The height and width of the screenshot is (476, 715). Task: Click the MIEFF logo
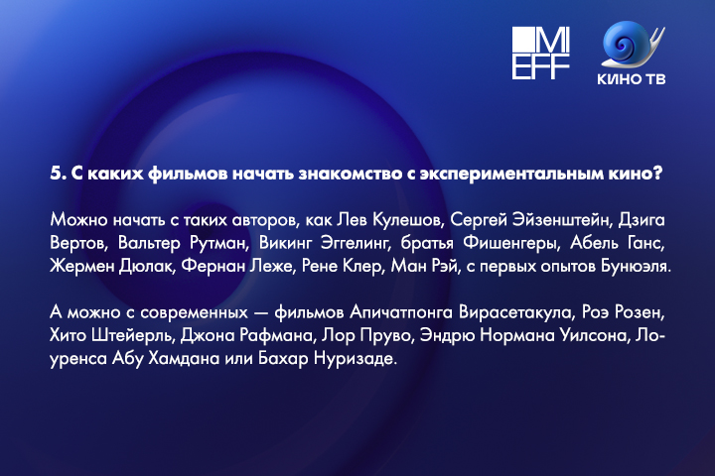(541, 53)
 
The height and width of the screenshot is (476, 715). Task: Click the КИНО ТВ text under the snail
(632, 79)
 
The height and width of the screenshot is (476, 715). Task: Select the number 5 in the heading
(56, 174)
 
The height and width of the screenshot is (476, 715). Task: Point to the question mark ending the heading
(657, 174)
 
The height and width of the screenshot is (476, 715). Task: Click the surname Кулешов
(406, 220)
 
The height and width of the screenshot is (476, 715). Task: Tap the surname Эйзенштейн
(561, 220)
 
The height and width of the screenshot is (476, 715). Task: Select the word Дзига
(642, 220)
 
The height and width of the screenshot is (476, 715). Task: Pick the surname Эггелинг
(355, 243)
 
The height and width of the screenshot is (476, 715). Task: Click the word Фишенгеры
(509, 243)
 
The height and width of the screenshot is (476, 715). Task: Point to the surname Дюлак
(146, 266)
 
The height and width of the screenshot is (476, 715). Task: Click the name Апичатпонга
(401, 312)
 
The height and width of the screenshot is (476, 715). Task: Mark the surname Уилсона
(594, 336)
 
